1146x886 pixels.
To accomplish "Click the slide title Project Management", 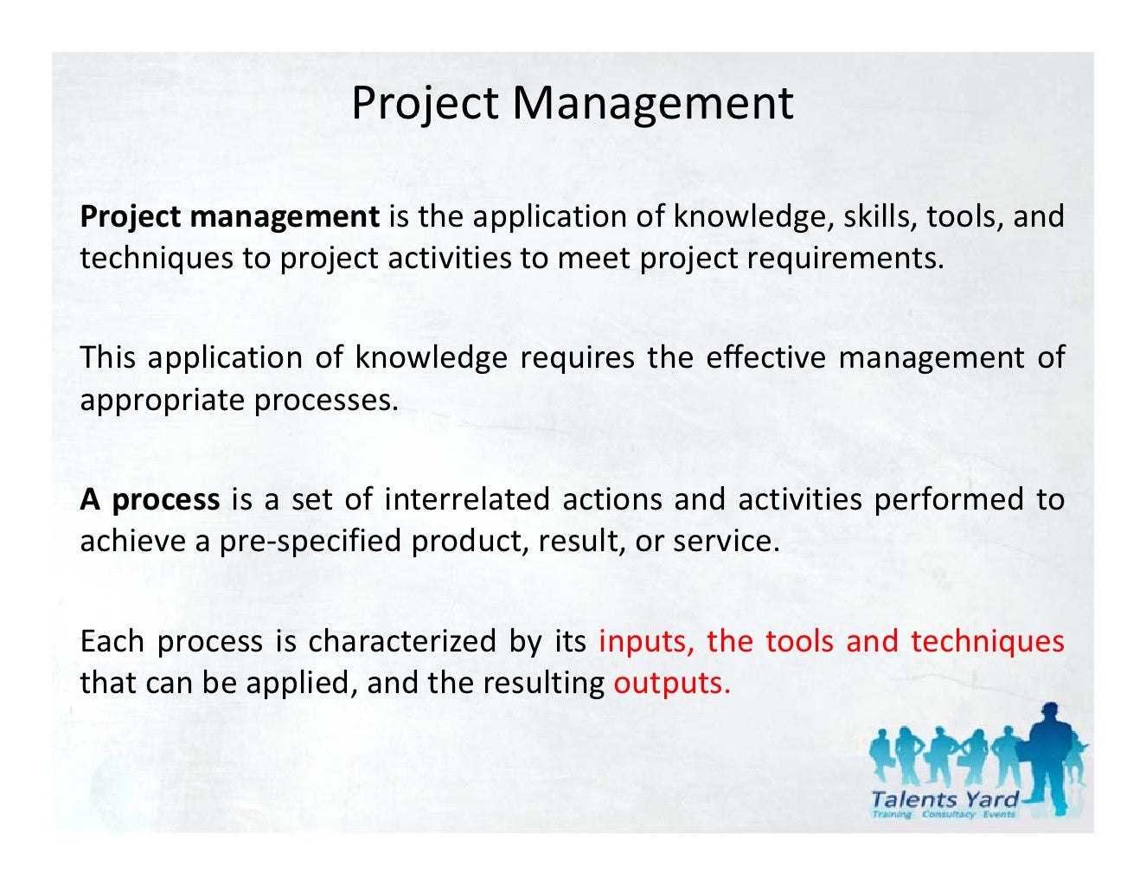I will (572, 103).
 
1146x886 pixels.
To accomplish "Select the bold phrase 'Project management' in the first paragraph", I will (229, 216).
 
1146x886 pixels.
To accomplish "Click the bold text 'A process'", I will (150, 500).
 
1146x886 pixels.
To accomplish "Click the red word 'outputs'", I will (670, 684).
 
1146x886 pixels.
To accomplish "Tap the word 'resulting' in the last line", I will (543, 684).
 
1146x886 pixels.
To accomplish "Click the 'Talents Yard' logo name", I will (945, 799).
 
